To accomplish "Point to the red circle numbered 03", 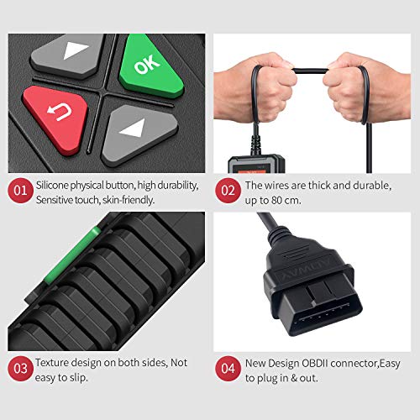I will coord(19,367).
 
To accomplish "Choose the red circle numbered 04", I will coord(227,367).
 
